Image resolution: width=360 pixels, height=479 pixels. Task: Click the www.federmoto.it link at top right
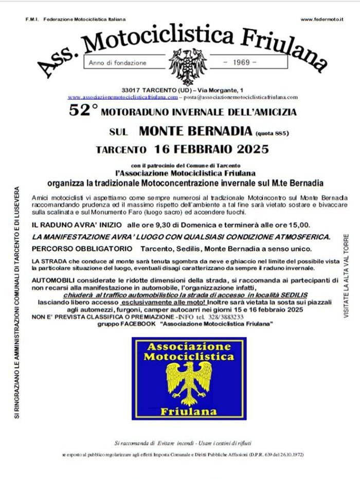click(322, 20)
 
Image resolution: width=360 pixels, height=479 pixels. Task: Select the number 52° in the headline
click(83, 110)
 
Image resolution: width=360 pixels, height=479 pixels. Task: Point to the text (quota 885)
click(272, 133)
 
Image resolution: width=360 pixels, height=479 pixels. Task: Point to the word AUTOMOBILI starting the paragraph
click(52, 283)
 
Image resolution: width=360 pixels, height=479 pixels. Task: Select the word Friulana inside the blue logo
click(189, 411)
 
